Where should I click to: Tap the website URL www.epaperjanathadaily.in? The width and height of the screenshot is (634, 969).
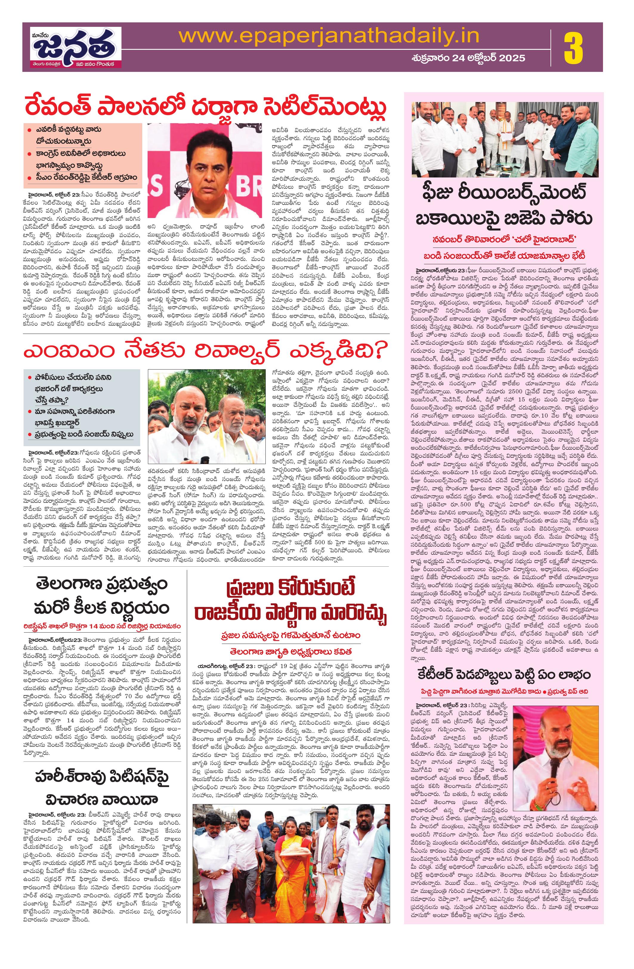coord(329,37)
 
